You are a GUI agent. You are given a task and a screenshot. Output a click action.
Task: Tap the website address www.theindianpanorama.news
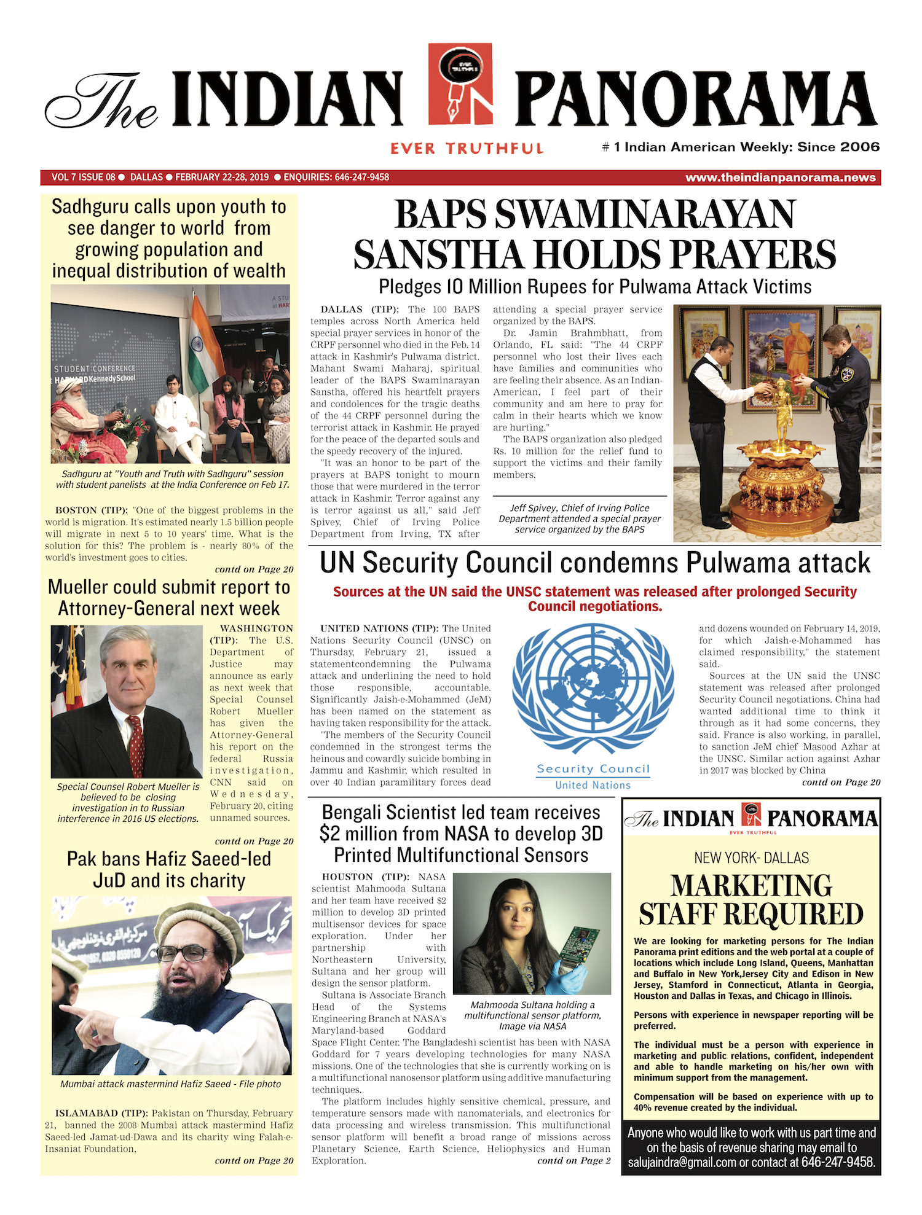pyautogui.click(x=780, y=178)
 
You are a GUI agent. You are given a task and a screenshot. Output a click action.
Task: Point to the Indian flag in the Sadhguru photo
pyautogui.click(x=206, y=344)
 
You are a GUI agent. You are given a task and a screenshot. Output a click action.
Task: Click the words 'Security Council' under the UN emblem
pyautogui.click(x=593, y=769)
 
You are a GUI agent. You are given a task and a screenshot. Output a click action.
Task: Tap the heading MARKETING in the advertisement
pyautogui.click(x=751, y=885)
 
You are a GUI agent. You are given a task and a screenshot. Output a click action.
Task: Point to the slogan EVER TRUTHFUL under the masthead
pyautogui.click(x=467, y=149)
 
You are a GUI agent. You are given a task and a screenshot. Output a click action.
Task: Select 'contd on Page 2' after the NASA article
pyautogui.click(x=573, y=1160)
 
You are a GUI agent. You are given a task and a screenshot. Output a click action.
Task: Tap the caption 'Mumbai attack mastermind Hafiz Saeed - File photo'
pyautogui.click(x=170, y=1084)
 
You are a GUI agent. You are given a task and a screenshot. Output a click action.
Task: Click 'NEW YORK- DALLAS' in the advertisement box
pyautogui.click(x=751, y=858)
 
